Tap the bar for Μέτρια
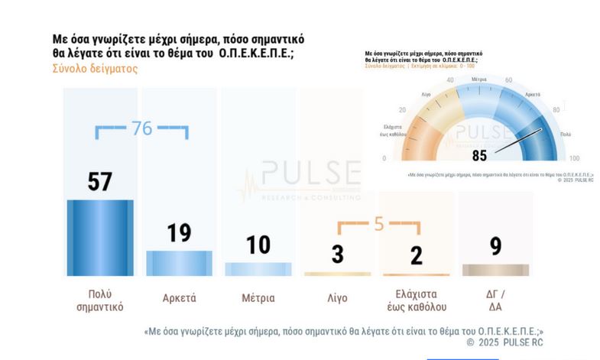[x=258, y=268]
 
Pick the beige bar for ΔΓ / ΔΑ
[x=495, y=270]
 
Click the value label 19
[x=179, y=232]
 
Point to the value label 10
[x=258, y=245]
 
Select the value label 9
[x=495, y=247]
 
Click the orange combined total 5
[x=378, y=224]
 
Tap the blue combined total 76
[x=142, y=128]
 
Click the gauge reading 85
[x=479, y=156]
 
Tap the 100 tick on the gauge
[x=574, y=158]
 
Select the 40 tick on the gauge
[x=449, y=80]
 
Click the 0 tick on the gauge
[x=384, y=158]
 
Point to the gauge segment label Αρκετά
[x=523, y=95]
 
